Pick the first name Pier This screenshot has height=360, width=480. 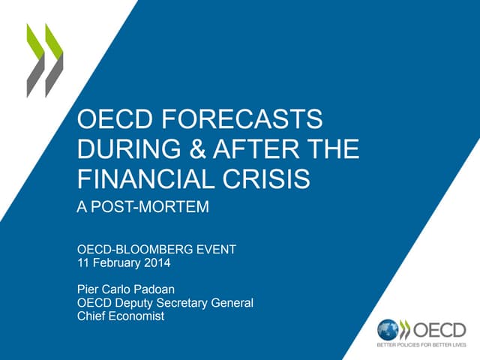point(88,289)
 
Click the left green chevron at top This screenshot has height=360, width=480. point(35,60)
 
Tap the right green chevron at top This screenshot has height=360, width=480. point(54,60)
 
